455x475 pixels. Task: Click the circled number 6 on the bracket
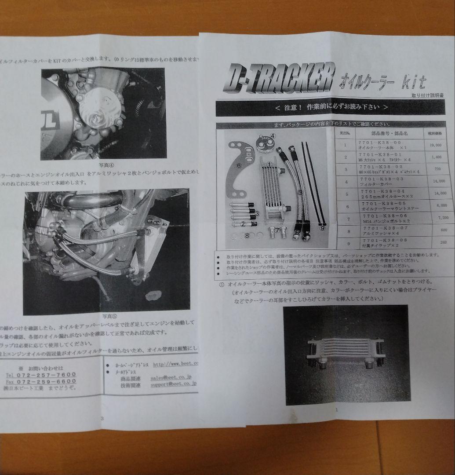pos(239,166)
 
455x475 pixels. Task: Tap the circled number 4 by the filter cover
pos(273,136)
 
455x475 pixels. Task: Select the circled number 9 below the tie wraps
pos(322,228)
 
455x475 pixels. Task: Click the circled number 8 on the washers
pos(247,236)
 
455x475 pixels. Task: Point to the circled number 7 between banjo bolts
pos(277,230)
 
